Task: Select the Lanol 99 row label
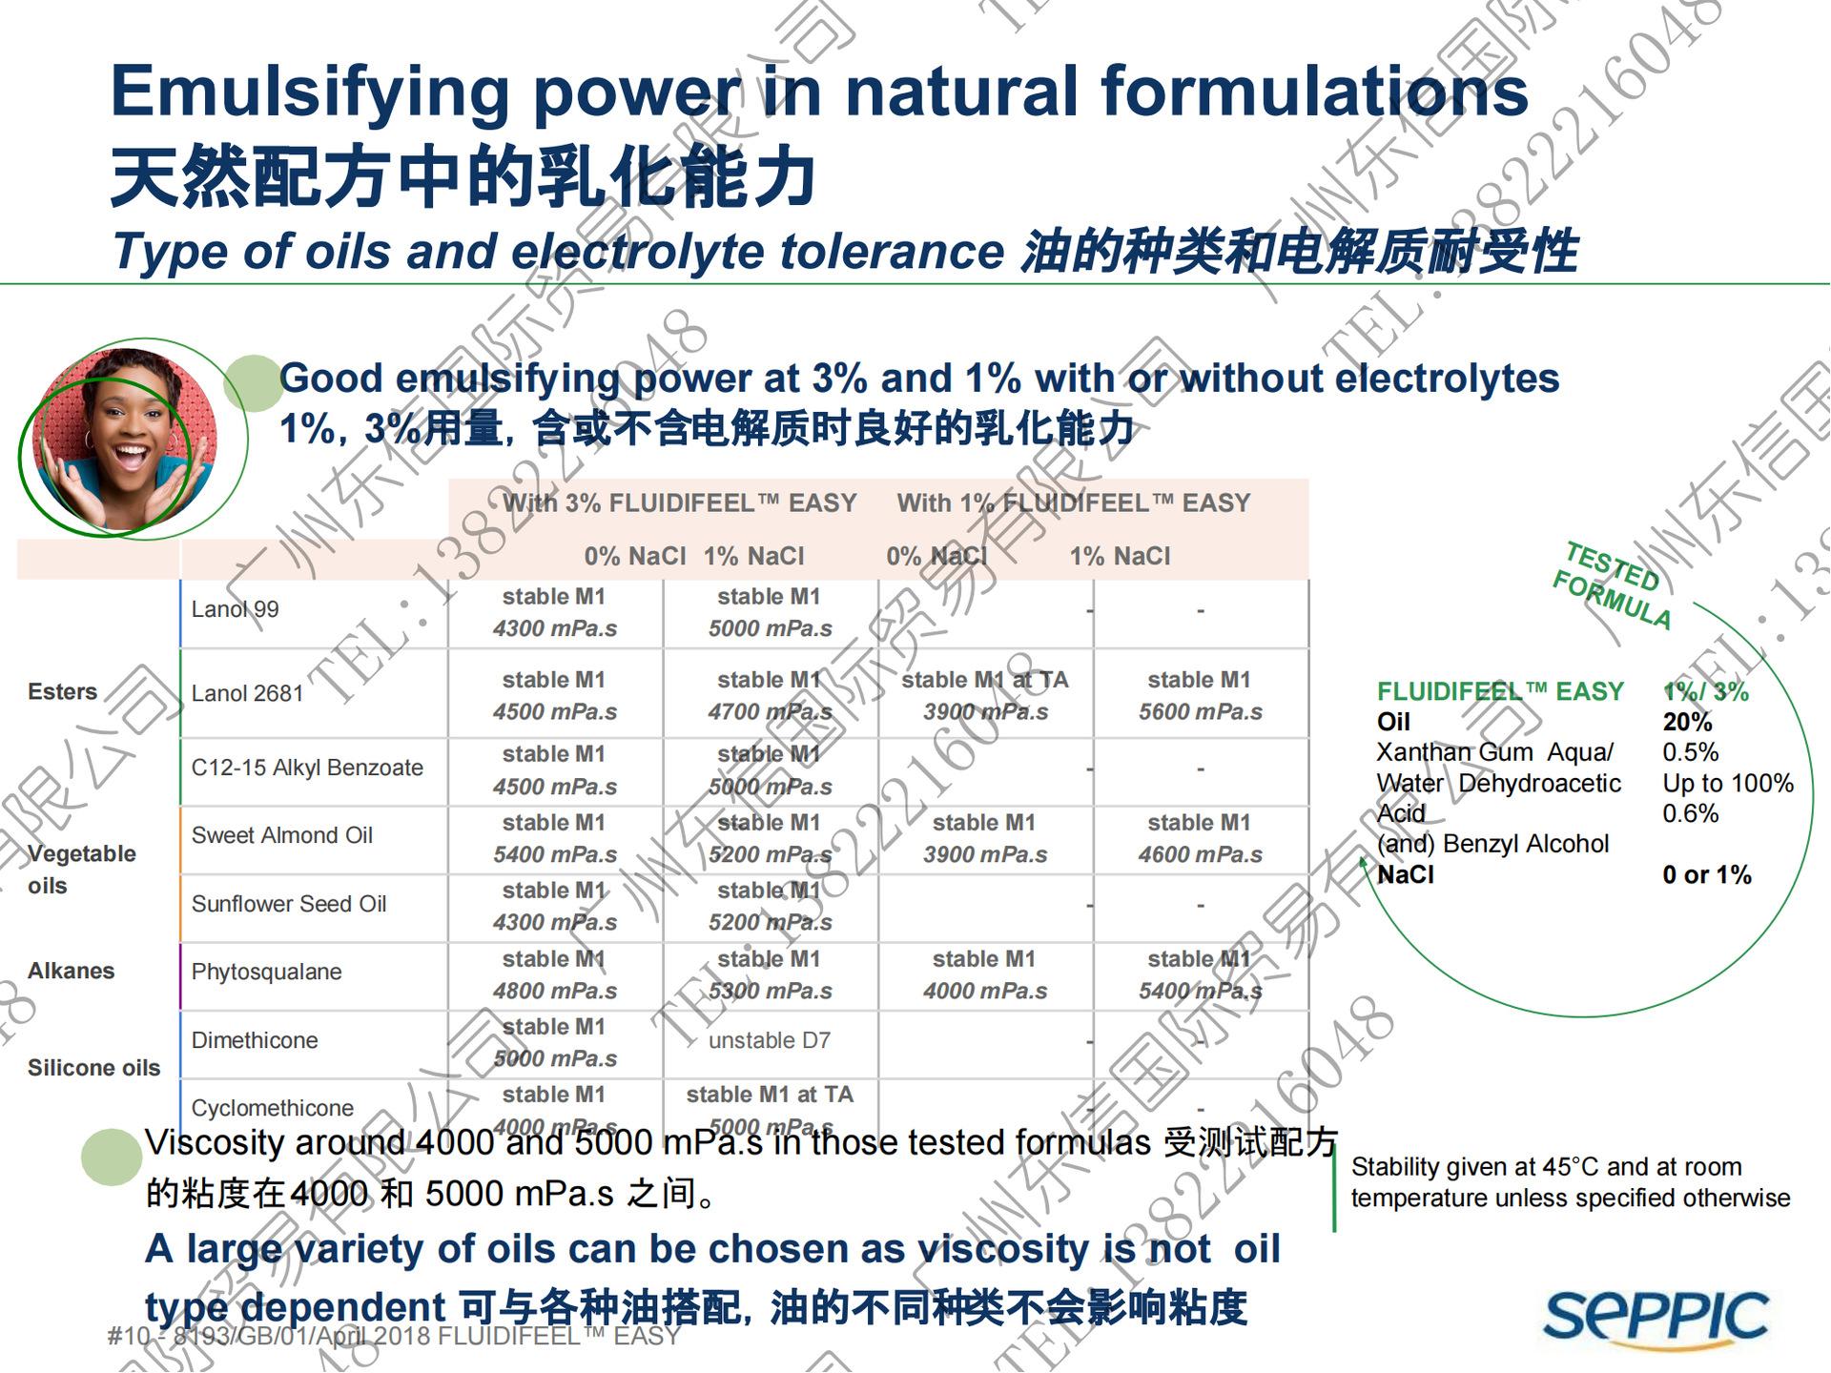click(x=235, y=610)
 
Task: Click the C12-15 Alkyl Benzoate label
click(x=307, y=768)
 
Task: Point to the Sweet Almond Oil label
click(x=282, y=836)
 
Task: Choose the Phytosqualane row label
click(x=266, y=973)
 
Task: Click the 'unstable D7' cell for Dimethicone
click(x=770, y=1041)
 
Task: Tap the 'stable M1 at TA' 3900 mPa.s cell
click(x=985, y=697)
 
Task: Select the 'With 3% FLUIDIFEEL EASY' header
click(x=680, y=503)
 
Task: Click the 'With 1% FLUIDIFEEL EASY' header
click(x=1073, y=503)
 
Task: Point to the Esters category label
click(x=63, y=692)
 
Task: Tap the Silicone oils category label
click(x=93, y=1068)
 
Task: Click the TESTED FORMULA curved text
click(x=1612, y=584)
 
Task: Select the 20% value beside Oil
click(x=1687, y=723)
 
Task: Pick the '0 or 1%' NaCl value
click(x=1707, y=875)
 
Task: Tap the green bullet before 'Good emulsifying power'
click(x=253, y=383)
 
